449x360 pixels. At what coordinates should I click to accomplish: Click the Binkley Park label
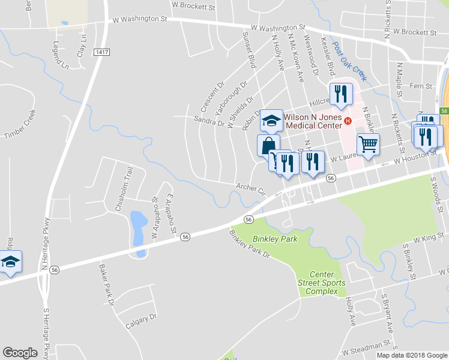[275, 239]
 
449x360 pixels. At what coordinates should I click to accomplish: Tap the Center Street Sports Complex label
[322, 283]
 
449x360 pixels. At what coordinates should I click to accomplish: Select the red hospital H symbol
[348, 122]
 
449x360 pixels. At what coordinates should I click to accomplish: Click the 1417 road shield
[101, 53]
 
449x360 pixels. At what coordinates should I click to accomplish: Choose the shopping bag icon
[268, 146]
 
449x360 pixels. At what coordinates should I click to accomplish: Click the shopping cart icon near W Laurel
[368, 144]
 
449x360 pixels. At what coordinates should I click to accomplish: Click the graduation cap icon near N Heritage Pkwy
[10, 262]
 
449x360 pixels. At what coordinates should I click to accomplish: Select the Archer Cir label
[250, 188]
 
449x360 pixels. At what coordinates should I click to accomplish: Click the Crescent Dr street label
[212, 97]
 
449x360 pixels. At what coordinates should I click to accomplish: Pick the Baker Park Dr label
[106, 284]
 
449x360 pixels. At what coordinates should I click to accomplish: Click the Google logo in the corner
[20, 353]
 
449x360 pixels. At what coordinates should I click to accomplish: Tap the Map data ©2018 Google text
[412, 355]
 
